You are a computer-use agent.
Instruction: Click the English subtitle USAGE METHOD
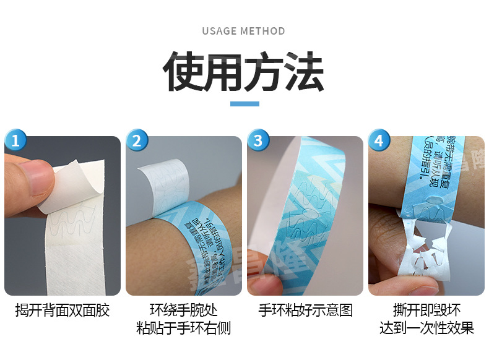243,31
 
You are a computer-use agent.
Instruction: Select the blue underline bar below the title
244,103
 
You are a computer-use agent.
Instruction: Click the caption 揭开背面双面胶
63,311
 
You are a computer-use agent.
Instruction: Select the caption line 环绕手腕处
183,311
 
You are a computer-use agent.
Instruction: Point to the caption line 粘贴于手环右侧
183,328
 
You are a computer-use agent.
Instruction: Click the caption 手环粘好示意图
305,311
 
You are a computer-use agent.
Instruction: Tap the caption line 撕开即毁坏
426,311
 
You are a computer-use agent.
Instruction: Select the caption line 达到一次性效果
426,328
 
